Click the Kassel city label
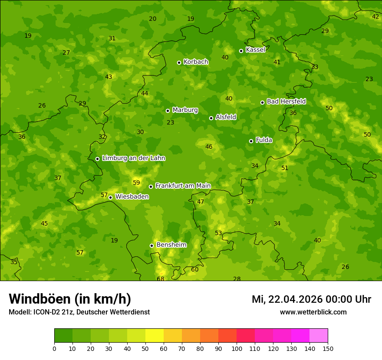[x=255, y=50]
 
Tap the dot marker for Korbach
[x=179, y=62]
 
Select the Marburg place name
[x=185, y=110]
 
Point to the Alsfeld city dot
[x=211, y=118]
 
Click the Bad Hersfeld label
[x=286, y=101]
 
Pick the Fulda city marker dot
[x=251, y=141]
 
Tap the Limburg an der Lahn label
[x=133, y=158]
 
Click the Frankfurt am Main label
[x=183, y=186]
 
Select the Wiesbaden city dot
[x=110, y=197]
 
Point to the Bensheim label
[x=171, y=245]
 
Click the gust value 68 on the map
[x=161, y=279]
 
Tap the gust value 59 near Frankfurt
[x=136, y=183]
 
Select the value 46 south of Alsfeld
[x=209, y=147]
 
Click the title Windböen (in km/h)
[x=70, y=299]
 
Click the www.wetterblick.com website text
[x=313, y=312]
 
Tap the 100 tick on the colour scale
[x=237, y=348]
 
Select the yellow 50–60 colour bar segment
[x=155, y=335]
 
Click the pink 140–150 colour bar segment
[x=319, y=335]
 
